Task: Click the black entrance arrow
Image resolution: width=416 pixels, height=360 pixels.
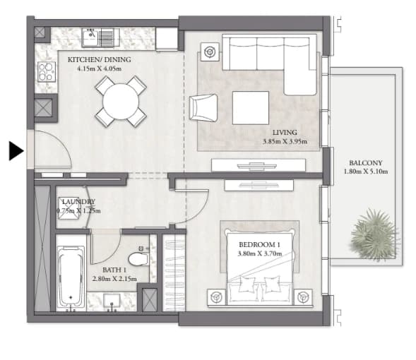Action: click(x=16, y=151)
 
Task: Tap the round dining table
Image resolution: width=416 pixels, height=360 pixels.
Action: click(x=121, y=102)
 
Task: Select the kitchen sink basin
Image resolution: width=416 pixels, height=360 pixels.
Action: click(x=90, y=37)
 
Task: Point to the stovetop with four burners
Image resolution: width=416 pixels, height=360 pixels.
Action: click(x=47, y=71)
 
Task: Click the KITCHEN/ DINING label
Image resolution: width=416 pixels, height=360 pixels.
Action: click(x=99, y=59)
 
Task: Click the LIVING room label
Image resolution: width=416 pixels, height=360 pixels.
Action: click(x=285, y=132)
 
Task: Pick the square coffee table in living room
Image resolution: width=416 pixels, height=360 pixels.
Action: click(x=251, y=108)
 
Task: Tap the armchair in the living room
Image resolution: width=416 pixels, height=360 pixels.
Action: click(x=203, y=107)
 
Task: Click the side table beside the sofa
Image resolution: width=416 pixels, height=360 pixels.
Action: click(x=210, y=52)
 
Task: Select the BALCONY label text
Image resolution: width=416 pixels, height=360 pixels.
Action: click(x=366, y=163)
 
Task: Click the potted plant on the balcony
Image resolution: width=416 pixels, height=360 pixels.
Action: click(x=374, y=234)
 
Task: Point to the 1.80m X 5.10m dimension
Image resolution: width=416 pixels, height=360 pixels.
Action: click(x=366, y=172)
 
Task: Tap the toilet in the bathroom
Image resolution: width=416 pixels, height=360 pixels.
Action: click(x=138, y=259)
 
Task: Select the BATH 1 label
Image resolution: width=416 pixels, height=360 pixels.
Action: click(x=114, y=270)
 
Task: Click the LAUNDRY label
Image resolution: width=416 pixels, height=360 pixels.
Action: click(x=78, y=202)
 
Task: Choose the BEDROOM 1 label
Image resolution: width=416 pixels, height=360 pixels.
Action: click(x=259, y=244)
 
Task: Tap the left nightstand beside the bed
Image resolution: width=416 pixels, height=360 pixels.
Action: click(x=216, y=297)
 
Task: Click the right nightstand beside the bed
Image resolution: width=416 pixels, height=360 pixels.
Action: click(x=303, y=297)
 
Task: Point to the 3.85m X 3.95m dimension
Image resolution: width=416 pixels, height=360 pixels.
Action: click(x=285, y=141)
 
